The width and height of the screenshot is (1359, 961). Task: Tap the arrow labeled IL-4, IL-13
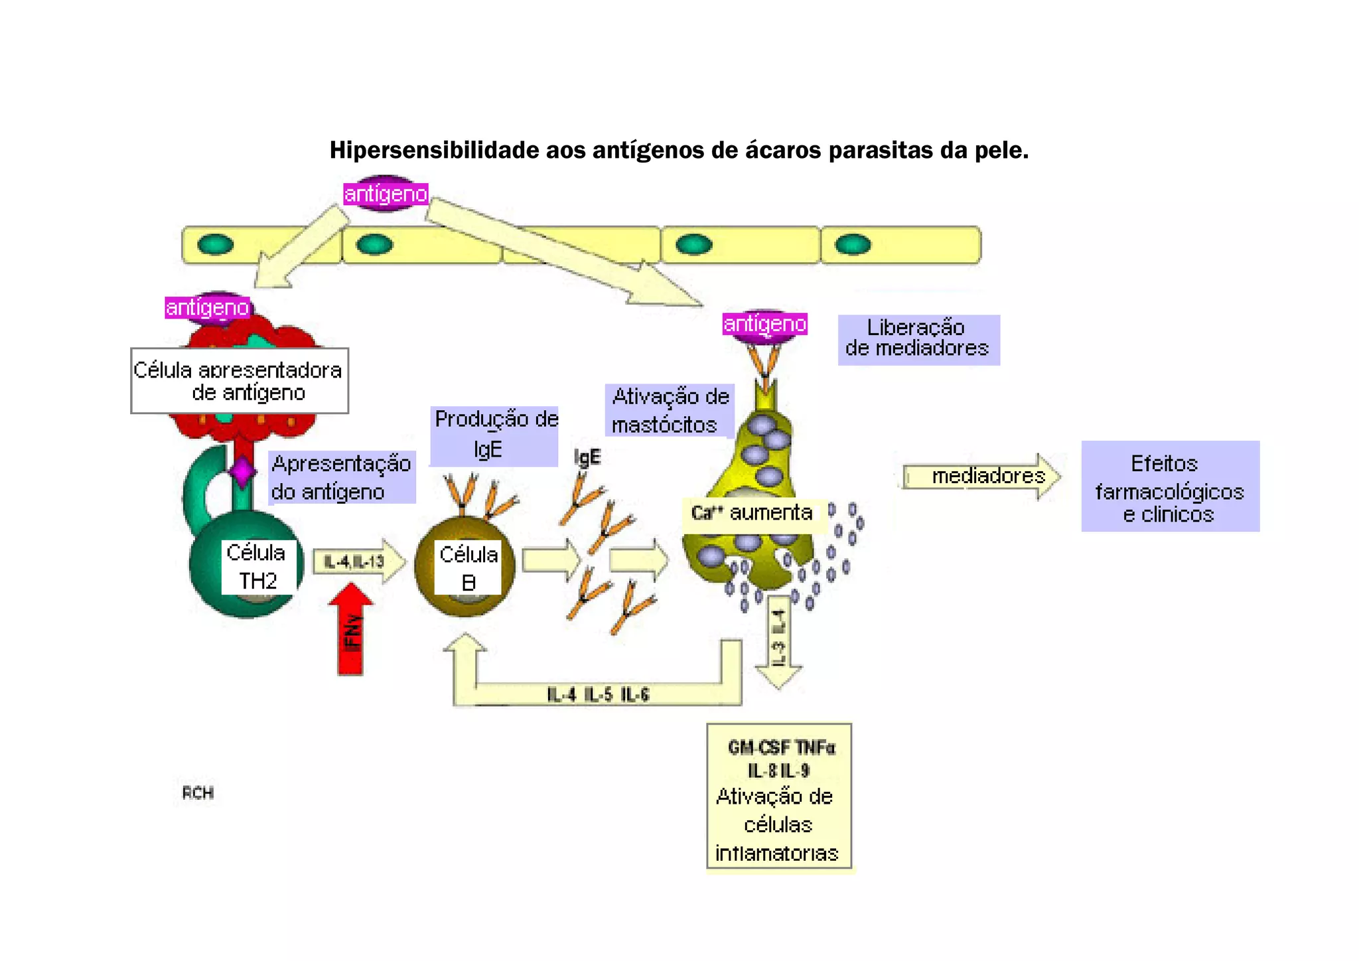click(x=358, y=562)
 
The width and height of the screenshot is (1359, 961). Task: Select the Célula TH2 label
click(x=256, y=567)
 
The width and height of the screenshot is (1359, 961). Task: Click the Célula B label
click(x=468, y=568)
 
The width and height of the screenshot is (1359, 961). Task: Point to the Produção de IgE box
click(x=495, y=435)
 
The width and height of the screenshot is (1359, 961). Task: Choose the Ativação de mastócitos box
click(x=670, y=410)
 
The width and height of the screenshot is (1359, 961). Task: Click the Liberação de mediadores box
click(x=918, y=338)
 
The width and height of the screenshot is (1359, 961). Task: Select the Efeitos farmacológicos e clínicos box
click(x=1170, y=487)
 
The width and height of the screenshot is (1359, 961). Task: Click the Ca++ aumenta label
click(x=752, y=513)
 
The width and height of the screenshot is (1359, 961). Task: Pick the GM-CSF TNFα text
click(x=781, y=748)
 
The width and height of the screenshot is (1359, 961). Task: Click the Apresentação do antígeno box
click(x=341, y=477)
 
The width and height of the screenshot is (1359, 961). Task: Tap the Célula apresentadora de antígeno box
click(x=239, y=381)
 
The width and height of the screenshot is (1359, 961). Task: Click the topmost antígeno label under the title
click(x=386, y=194)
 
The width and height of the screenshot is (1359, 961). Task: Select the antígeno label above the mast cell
click(x=764, y=324)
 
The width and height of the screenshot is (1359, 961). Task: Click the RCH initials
click(x=198, y=793)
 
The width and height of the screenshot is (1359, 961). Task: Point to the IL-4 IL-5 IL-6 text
click(x=598, y=695)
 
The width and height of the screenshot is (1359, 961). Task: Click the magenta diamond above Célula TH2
click(x=242, y=471)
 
